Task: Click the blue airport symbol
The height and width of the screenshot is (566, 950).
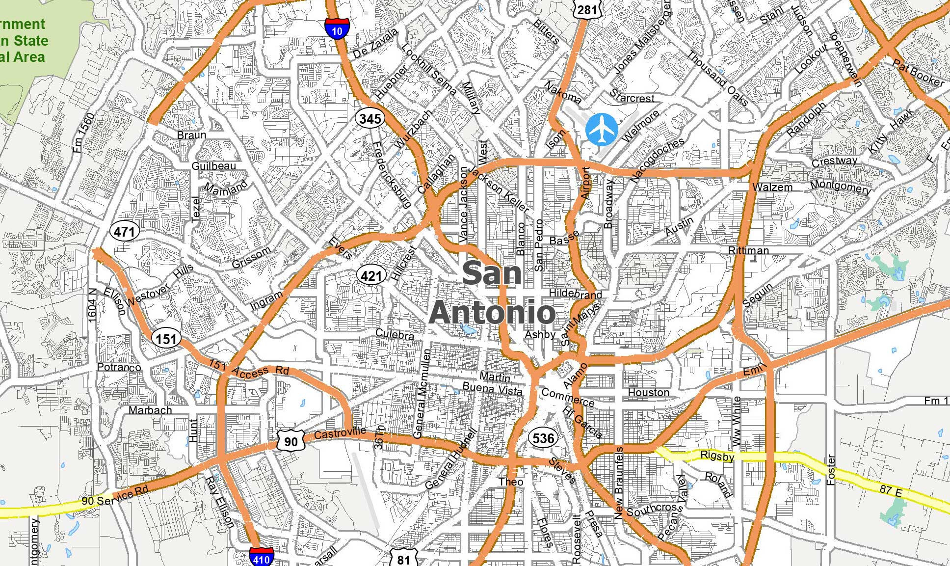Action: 602,130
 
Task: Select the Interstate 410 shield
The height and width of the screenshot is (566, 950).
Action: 261,557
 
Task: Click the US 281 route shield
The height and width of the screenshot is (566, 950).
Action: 587,10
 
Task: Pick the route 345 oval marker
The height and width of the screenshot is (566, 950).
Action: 370,118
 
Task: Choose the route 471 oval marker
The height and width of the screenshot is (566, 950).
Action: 125,231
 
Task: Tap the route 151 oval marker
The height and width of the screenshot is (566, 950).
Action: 166,339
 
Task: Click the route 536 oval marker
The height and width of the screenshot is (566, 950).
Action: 543,438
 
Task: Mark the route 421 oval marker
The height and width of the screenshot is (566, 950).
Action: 371,276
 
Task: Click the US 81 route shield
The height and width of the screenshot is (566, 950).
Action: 403,558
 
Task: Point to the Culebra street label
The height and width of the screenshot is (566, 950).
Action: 395,335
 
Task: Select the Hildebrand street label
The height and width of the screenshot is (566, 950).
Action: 575,294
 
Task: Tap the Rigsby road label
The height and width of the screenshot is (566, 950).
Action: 717,456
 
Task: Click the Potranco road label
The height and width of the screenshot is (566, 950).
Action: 119,367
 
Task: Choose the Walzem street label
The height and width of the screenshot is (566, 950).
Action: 772,188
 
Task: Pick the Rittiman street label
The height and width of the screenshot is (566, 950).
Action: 748,250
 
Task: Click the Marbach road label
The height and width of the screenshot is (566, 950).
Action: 150,410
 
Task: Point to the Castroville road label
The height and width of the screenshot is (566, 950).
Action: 340,433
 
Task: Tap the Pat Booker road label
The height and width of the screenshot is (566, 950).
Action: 918,73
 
